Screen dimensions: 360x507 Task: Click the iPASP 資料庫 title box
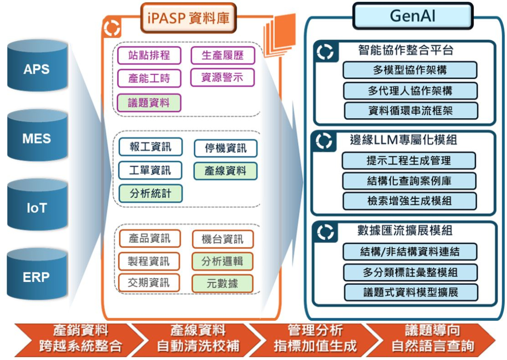point(188,18)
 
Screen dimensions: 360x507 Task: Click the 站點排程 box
point(149,56)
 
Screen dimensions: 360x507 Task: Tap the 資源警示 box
point(222,77)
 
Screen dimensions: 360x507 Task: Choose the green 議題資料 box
point(149,102)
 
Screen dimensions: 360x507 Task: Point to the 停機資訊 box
point(225,148)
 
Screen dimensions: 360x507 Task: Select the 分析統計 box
point(150,193)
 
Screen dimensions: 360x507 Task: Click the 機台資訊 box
point(223,239)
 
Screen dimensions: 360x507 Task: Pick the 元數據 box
point(223,283)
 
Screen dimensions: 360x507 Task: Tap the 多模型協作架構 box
point(410,70)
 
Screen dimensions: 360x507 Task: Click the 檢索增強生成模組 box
point(409,201)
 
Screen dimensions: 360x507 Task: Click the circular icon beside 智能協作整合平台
point(325,52)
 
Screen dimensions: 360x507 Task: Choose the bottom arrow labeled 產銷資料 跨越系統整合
point(78,338)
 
